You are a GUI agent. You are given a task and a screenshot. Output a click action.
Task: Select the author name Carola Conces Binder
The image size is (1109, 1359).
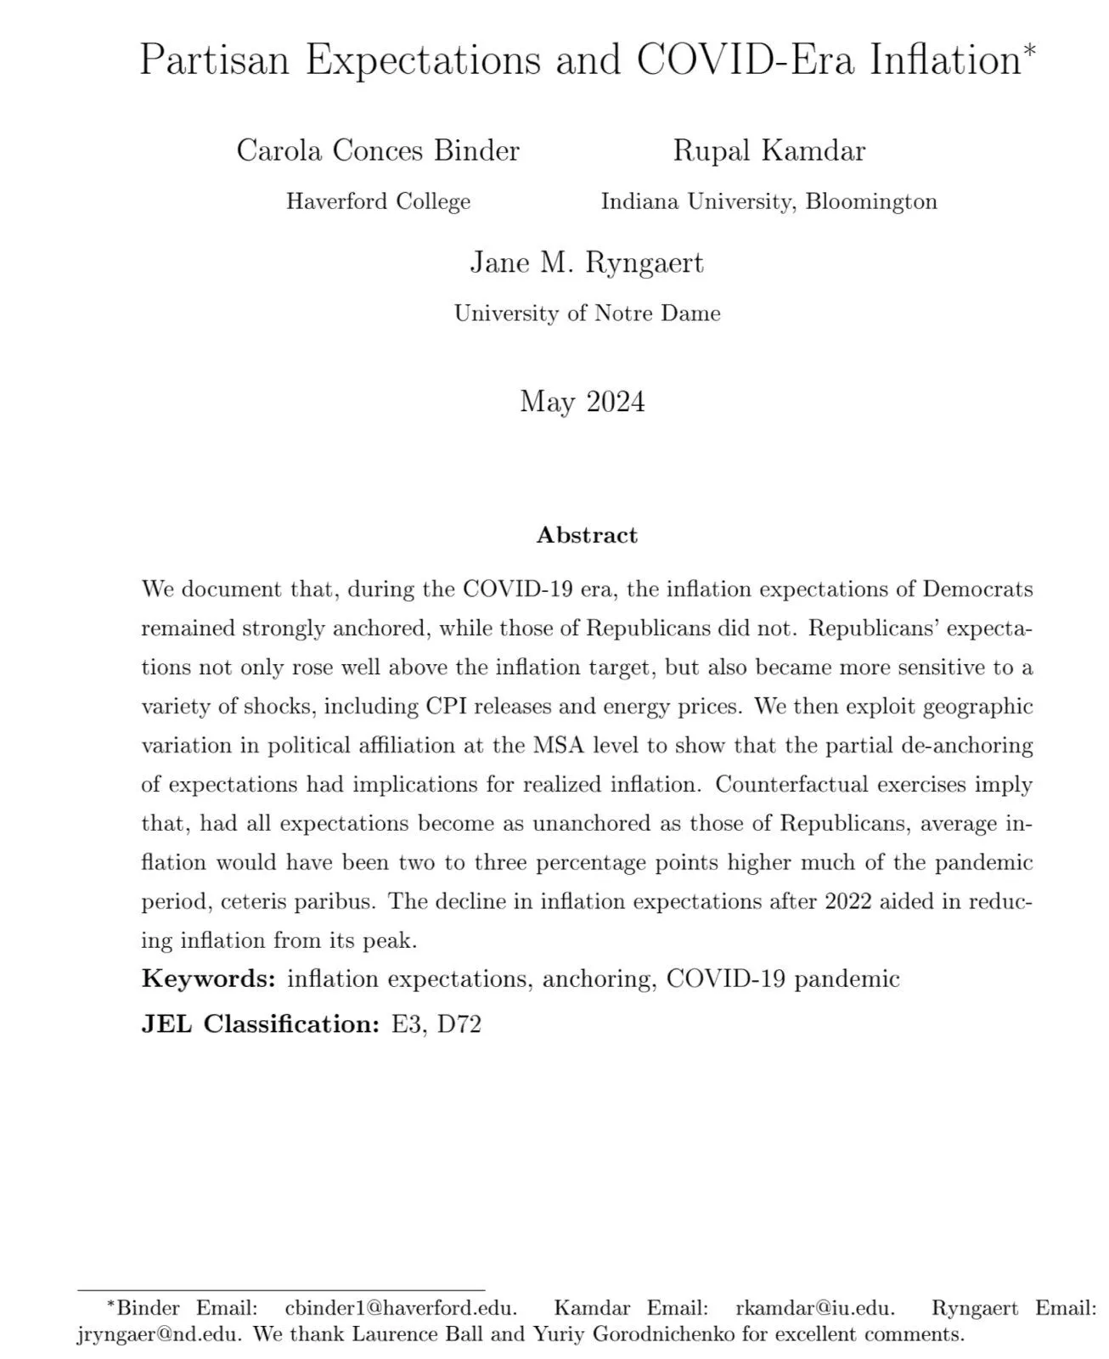(378, 150)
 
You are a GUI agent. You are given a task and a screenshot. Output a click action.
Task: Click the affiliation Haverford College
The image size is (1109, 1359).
(378, 201)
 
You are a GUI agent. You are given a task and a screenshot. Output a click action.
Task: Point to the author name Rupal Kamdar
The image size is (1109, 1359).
(768, 150)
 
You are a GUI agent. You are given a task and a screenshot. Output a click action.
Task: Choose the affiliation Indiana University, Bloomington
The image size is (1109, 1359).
(768, 201)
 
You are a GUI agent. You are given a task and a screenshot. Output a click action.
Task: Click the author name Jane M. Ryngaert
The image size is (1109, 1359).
(587, 262)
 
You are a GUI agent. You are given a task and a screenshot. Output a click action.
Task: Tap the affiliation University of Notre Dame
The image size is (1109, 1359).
(587, 313)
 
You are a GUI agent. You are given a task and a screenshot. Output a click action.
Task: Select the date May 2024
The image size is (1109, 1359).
(583, 401)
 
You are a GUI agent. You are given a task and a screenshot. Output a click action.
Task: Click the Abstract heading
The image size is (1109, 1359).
(587, 535)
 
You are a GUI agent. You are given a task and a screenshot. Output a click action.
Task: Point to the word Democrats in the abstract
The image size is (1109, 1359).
(977, 589)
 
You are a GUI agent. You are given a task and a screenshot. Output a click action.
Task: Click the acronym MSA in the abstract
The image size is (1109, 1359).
(557, 745)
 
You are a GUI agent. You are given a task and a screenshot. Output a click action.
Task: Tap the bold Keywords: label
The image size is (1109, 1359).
(209, 978)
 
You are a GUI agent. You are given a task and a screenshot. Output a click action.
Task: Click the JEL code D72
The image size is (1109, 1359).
(459, 1024)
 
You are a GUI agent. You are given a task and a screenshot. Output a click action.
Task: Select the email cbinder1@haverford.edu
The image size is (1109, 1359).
(400, 1307)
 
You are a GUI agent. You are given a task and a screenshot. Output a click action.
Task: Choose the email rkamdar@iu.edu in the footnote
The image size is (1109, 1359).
(814, 1307)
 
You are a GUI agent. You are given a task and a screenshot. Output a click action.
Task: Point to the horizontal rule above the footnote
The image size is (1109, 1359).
(280, 1291)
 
